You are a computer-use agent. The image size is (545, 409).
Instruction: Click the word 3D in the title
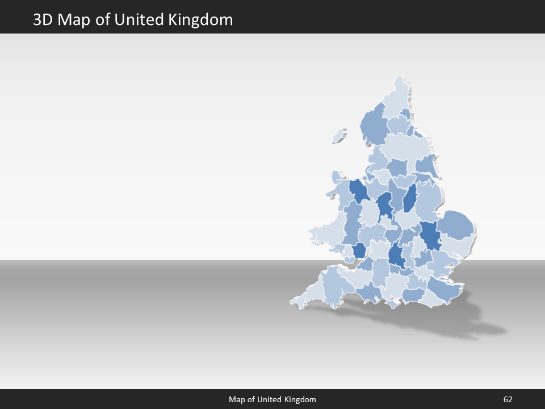(x=43, y=20)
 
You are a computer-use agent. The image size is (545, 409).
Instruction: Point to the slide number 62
(x=508, y=400)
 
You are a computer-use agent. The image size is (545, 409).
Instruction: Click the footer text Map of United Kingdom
(x=272, y=400)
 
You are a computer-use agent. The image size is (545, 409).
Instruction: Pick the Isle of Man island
(x=339, y=136)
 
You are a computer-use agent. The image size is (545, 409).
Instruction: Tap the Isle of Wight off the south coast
(x=393, y=303)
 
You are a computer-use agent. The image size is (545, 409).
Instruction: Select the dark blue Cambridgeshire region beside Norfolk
(x=430, y=234)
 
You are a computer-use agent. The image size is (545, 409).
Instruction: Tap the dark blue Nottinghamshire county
(x=410, y=199)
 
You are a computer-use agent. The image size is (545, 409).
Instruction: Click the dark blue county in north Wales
(x=359, y=190)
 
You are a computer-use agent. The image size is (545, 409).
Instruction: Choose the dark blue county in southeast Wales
(x=359, y=251)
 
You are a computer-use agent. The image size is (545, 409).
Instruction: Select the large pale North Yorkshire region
(x=406, y=148)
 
